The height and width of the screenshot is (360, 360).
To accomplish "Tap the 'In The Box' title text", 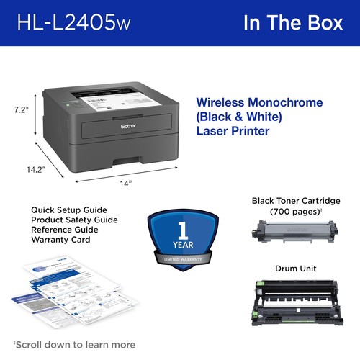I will click(293, 23).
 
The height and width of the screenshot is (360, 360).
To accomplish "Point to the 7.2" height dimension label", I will click(21, 110).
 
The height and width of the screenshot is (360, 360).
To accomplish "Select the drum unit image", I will click(293, 300).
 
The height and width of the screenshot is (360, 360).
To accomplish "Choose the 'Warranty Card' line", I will click(60, 240).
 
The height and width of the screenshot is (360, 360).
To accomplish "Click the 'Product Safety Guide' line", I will click(74, 220).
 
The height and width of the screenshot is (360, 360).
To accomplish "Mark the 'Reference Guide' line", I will click(64, 230).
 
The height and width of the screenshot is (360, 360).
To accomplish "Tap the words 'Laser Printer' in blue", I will click(232, 132).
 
